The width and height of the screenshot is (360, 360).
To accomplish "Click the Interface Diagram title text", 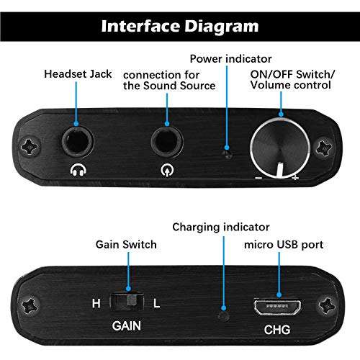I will coord(179,27).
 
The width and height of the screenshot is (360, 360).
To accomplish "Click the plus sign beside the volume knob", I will coord(295,177).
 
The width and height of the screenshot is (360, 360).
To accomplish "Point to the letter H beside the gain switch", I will coord(96,304).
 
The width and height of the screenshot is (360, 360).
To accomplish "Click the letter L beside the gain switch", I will coord(157,304).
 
